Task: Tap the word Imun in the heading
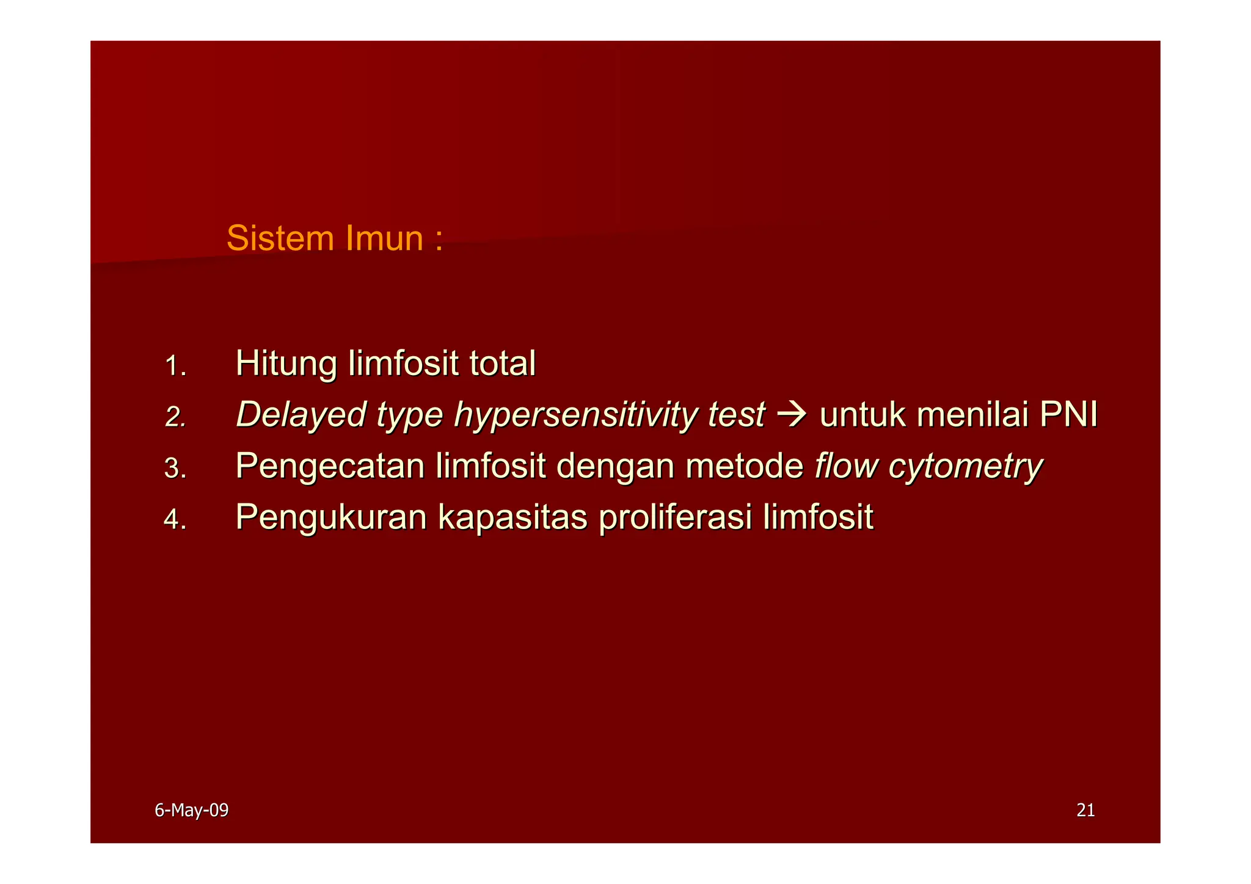384,238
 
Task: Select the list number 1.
175,366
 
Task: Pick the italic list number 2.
175,417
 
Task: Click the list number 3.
175,469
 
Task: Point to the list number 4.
175,520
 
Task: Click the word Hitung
286,363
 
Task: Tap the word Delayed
301,415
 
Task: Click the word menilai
972,415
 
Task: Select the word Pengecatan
330,467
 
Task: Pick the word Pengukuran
331,518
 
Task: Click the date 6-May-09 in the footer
191,811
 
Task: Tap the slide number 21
1085,811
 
